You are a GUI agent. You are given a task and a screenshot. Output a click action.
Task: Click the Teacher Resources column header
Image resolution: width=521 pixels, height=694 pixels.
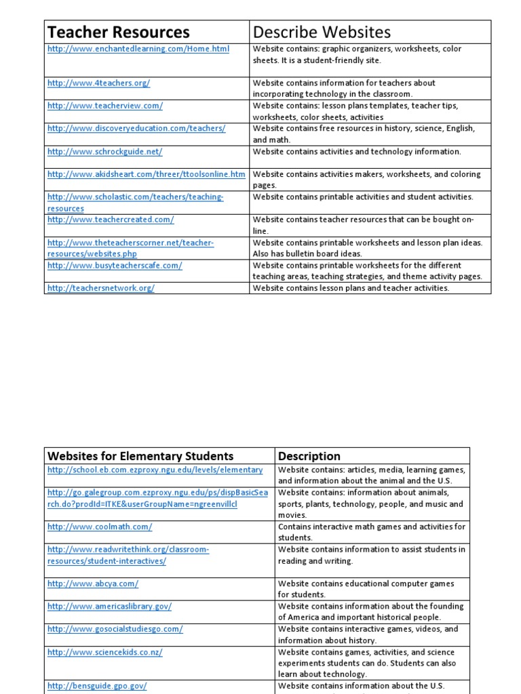(118, 32)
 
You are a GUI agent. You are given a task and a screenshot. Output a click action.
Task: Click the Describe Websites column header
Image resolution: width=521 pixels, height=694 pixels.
(322, 32)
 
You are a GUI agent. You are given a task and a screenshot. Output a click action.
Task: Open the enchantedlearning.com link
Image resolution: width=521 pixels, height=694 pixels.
(138, 49)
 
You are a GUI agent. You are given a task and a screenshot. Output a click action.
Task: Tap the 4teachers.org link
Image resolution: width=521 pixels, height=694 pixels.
(98, 83)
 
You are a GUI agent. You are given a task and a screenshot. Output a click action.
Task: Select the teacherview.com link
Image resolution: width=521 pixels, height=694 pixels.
(104, 106)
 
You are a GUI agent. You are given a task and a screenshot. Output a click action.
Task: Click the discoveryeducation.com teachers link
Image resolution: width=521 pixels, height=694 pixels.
(136, 128)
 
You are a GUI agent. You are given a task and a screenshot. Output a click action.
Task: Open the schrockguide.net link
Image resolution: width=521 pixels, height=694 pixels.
(104, 152)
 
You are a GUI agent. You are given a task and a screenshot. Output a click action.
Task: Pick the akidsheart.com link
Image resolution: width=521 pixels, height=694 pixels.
(146, 174)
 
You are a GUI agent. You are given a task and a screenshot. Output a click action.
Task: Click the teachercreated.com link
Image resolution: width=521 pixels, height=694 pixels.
(111, 220)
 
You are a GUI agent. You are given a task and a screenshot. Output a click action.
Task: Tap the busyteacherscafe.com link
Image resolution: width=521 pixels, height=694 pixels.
(115, 266)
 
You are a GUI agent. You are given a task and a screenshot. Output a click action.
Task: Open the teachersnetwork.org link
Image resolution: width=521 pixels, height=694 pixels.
(100, 288)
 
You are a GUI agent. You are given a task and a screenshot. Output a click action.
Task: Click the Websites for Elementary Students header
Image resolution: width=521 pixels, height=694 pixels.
(140, 456)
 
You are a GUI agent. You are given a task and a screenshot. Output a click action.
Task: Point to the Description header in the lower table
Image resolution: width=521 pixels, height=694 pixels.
(309, 456)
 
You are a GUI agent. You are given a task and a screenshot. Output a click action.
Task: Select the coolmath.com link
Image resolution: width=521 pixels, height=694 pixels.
(100, 527)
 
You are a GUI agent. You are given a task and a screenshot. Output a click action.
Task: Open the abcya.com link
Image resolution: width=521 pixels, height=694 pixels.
(93, 584)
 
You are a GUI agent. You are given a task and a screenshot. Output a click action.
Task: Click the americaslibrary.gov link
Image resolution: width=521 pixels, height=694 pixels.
(109, 607)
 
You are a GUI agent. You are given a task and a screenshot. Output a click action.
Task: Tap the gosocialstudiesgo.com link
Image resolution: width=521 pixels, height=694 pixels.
(115, 629)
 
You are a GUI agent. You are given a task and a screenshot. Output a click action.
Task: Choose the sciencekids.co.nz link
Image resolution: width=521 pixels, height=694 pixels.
(104, 652)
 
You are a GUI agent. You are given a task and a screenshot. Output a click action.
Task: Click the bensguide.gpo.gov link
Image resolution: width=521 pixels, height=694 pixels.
(97, 686)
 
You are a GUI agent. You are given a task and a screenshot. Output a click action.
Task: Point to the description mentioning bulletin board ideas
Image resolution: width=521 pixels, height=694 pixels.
(367, 248)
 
